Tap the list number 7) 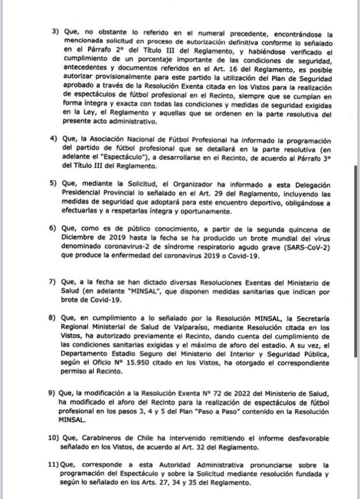(54, 284)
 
